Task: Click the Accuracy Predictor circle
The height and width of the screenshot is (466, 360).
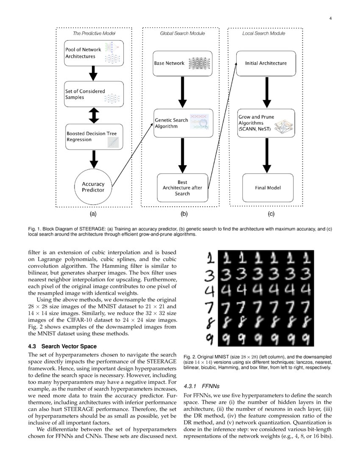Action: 93,187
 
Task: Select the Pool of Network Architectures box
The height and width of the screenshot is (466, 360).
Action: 94,53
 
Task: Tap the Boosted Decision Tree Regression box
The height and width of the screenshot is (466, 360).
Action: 94,136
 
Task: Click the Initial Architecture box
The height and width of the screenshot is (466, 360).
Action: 266,63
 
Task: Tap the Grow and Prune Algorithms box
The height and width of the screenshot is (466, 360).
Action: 266,123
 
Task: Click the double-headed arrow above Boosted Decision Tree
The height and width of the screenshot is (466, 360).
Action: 94,115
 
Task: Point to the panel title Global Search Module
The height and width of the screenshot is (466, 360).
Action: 182,33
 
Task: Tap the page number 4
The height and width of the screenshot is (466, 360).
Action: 330,18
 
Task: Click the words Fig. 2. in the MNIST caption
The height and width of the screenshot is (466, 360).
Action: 190,357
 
